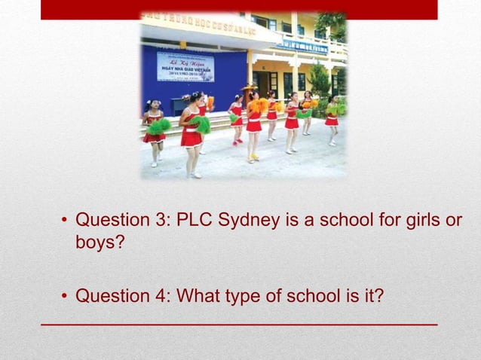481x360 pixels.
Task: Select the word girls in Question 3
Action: tap(427, 221)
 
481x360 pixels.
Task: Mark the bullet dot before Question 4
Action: tap(65, 297)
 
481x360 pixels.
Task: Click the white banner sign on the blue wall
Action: tap(185, 66)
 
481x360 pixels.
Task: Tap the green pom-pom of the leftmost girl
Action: tap(158, 126)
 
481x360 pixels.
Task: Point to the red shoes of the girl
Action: tap(238, 141)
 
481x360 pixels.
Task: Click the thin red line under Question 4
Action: tap(239, 323)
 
